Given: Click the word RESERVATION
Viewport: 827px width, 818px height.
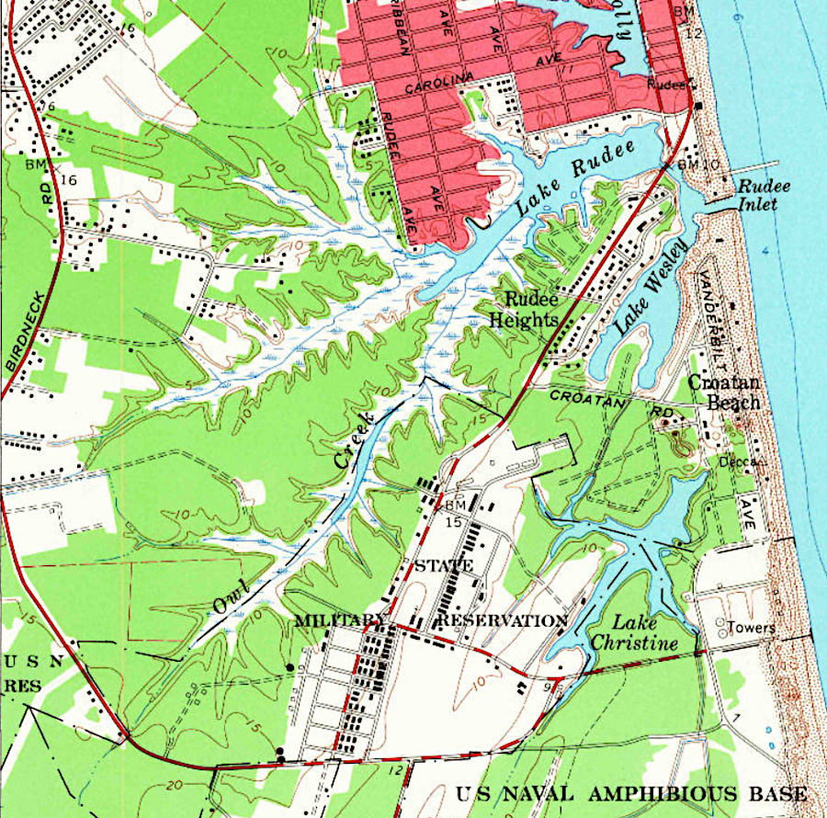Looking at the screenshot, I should click(x=502, y=620).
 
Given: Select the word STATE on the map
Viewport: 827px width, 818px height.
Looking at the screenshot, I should click(x=443, y=565).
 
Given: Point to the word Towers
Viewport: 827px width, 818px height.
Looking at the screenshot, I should click(x=752, y=629).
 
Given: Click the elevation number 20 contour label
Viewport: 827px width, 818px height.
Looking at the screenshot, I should click(x=176, y=787).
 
